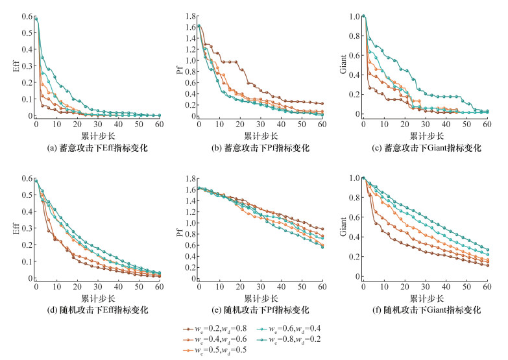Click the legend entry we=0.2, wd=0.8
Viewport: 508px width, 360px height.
tap(219, 328)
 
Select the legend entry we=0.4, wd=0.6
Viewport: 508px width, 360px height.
tap(219, 339)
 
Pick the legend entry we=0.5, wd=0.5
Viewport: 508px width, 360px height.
tap(219, 350)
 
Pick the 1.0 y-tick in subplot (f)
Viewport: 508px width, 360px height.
tap(352, 178)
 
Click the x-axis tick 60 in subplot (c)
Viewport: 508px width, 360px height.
tap(487, 124)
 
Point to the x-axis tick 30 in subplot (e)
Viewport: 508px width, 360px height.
tap(260, 287)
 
